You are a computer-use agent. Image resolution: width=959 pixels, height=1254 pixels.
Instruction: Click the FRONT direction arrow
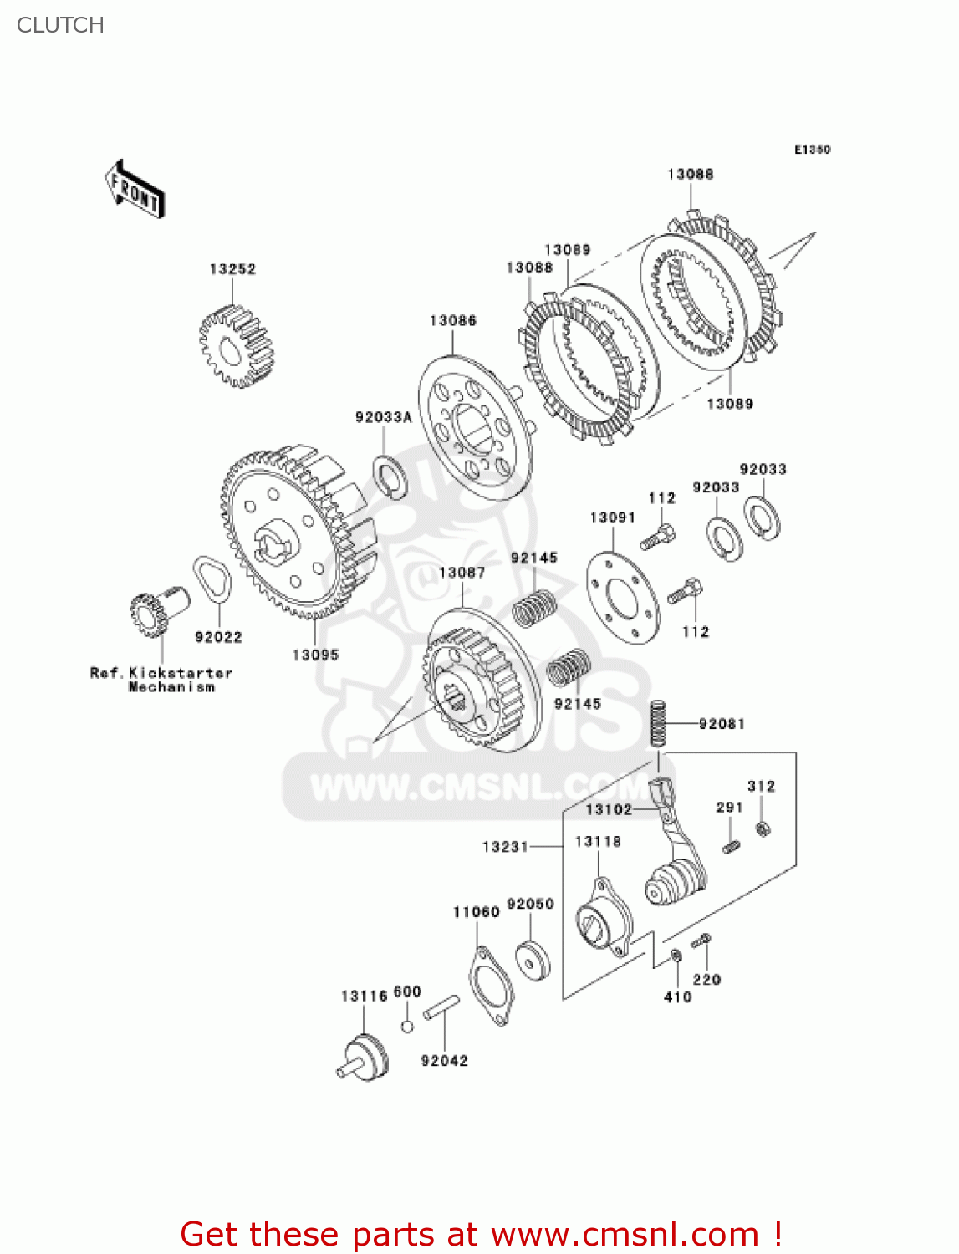[135, 189]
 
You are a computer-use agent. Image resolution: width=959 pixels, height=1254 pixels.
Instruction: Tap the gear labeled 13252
[237, 345]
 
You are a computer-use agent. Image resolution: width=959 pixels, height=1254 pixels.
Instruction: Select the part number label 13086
[452, 321]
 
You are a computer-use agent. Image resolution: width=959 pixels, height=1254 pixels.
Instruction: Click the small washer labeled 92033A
[390, 477]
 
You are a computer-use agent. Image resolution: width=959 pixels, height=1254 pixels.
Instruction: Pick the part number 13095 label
[315, 655]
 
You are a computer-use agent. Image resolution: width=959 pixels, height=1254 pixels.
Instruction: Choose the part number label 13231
[505, 847]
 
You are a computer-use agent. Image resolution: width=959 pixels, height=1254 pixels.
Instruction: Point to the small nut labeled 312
[762, 828]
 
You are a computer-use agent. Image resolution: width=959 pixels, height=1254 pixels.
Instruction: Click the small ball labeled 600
[407, 1026]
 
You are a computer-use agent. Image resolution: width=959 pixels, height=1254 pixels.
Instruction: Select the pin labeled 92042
[441, 1007]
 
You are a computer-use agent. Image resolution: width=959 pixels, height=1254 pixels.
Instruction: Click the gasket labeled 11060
[491, 987]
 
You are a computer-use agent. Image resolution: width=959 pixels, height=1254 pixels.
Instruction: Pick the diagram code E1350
[812, 150]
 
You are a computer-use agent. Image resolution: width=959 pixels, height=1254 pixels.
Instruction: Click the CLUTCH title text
[60, 25]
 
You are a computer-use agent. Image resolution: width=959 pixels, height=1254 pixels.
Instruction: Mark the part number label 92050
[530, 904]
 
